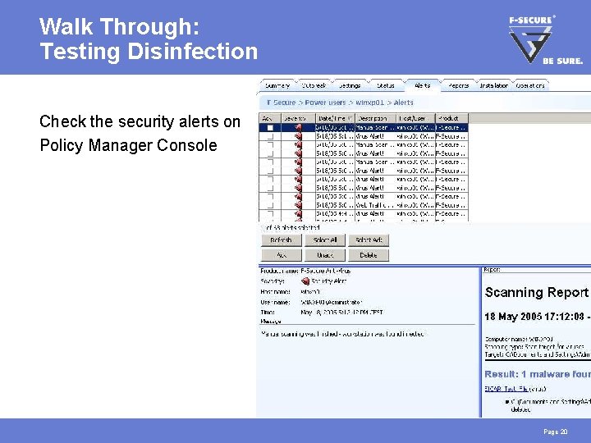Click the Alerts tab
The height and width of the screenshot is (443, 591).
(423, 85)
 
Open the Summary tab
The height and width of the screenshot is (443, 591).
(277, 85)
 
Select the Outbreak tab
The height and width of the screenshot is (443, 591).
(314, 85)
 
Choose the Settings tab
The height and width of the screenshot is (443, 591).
(350, 85)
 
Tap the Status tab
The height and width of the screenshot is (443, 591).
(386, 85)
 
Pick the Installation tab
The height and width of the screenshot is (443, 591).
(494, 85)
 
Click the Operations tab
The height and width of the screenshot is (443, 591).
(531, 85)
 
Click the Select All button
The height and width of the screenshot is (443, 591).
(325, 240)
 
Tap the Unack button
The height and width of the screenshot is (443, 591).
(325, 255)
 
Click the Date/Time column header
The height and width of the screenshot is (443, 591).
(335, 118)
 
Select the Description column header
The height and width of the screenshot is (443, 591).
(374, 118)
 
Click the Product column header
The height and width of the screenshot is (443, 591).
(451, 118)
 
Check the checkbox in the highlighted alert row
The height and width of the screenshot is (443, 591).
(269, 128)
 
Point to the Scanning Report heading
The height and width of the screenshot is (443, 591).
(536, 293)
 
